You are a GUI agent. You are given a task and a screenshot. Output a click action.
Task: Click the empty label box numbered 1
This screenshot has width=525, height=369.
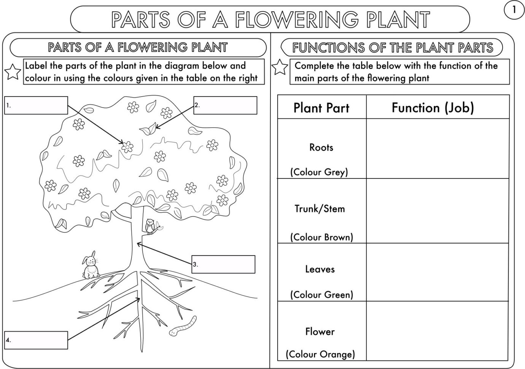click(36, 105)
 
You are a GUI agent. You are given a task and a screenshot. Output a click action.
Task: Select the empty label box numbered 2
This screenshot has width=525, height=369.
click(225, 105)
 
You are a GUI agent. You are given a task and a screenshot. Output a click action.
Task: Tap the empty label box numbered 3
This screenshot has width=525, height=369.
click(223, 264)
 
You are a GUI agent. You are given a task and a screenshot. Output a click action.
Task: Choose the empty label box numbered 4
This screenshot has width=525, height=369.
click(36, 340)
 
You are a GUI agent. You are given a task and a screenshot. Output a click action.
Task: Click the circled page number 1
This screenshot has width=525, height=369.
click(514, 10)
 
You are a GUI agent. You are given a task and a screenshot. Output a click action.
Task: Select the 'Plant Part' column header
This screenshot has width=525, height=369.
click(321, 108)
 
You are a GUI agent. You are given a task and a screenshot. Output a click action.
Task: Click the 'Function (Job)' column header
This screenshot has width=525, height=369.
click(433, 108)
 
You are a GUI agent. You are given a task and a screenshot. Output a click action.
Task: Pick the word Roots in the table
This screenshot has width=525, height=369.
click(321, 148)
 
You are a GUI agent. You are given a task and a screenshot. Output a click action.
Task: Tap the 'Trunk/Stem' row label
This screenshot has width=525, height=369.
click(320, 209)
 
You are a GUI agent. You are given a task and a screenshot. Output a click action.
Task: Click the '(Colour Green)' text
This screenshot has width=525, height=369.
click(321, 295)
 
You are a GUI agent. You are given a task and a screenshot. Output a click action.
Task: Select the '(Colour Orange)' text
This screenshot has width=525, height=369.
click(320, 354)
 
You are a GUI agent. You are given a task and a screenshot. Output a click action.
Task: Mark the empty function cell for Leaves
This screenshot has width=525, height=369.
click(437, 272)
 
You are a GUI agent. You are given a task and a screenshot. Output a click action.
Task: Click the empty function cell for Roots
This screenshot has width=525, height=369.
click(437, 148)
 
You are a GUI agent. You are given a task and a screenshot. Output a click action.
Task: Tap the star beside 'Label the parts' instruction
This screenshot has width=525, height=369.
click(13, 72)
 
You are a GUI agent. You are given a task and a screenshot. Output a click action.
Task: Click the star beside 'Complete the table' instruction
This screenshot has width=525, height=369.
click(280, 67)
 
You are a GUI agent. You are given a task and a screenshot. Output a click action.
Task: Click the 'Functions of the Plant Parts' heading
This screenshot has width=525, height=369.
click(392, 48)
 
